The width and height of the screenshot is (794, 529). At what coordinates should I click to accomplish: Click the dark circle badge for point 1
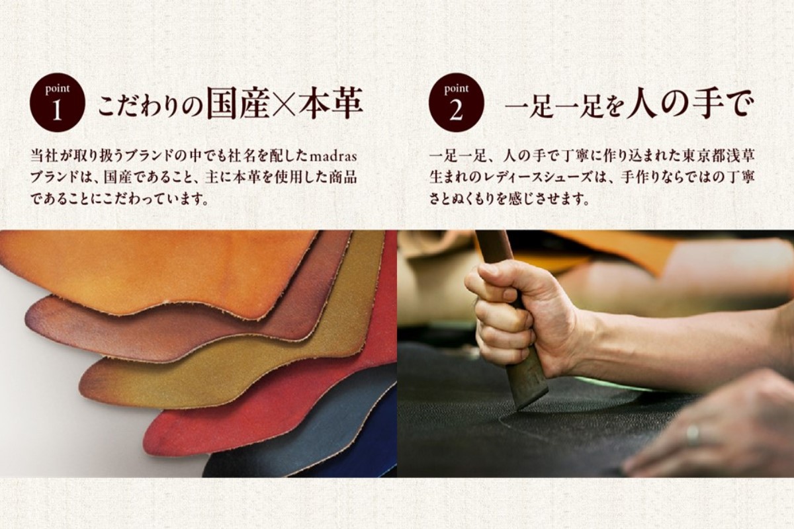[57, 102]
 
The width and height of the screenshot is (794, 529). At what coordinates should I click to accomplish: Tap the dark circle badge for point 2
[456, 102]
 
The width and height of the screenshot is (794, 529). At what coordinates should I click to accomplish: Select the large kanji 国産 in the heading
[238, 102]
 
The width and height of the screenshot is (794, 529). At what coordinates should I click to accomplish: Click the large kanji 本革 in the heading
[330, 102]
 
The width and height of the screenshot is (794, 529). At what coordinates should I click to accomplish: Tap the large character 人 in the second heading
[641, 103]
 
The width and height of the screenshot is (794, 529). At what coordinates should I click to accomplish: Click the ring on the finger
[692, 434]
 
